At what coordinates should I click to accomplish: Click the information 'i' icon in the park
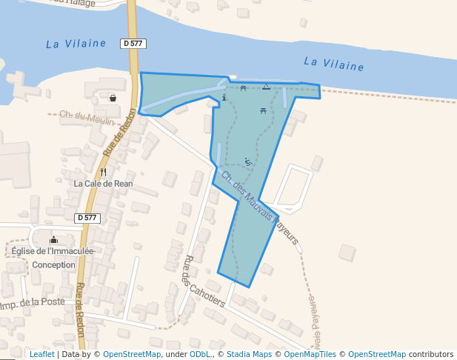click(224, 98)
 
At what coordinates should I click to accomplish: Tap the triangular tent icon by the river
click(266, 87)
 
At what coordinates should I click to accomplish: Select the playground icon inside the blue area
click(247, 161)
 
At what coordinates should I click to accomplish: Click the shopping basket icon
click(113, 98)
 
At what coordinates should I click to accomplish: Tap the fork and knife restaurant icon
click(103, 172)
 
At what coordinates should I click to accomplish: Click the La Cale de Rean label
click(103, 183)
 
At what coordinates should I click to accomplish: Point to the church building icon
click(53, 239)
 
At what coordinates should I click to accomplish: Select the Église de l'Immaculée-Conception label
click(53, 257)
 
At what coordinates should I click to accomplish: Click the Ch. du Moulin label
click(87, 117)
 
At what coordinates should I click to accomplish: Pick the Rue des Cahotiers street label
click(204, 281)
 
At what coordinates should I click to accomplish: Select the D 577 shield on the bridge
click(133, 44)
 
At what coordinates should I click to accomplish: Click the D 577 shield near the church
click(87, 218)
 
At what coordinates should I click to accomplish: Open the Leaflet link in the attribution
click(41, 354)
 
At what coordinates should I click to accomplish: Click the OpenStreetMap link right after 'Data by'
click(132, 354)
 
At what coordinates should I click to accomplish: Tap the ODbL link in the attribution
click(199, 354)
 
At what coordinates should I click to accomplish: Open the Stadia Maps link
click(249, 354)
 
